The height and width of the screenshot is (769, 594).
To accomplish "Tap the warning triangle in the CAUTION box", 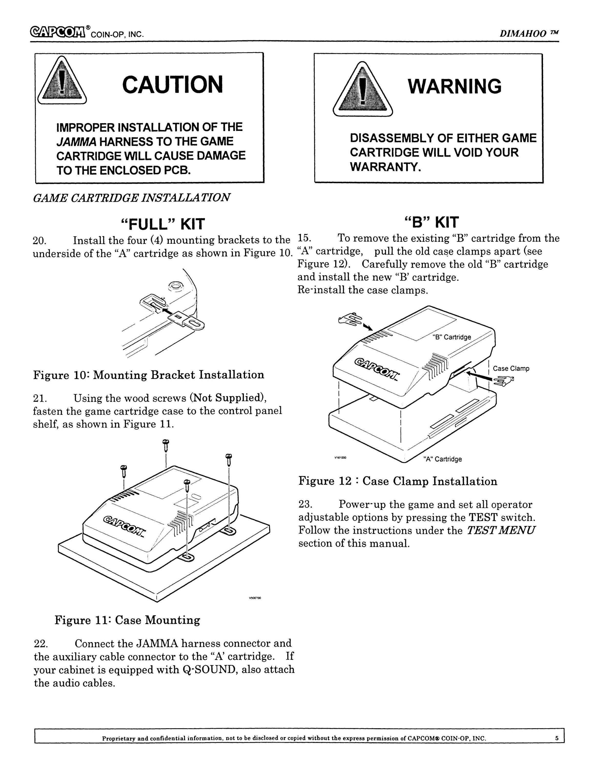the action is click(62, 81).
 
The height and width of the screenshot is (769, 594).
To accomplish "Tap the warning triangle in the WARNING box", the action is click(362, 89).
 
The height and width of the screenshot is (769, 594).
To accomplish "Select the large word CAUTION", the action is click(173, 85).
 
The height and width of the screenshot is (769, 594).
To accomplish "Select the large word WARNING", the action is click(455, 86).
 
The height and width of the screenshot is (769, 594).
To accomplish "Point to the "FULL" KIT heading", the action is click(162, 224).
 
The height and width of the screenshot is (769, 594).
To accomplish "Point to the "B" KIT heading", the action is click(432, 222).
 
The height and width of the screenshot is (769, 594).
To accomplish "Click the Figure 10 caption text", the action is click(149, 375).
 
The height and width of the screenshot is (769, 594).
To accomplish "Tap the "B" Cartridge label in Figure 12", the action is click(452, 337).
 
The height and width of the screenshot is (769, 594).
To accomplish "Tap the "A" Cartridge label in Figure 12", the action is click(443, 459).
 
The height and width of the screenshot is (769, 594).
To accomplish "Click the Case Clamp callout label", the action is click(511, 368).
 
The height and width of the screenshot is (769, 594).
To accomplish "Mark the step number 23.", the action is click(305, 504).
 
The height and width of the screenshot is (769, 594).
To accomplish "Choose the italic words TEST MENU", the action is click(501, 530).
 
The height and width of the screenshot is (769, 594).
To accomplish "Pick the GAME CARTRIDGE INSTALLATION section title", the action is click(132, 198).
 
